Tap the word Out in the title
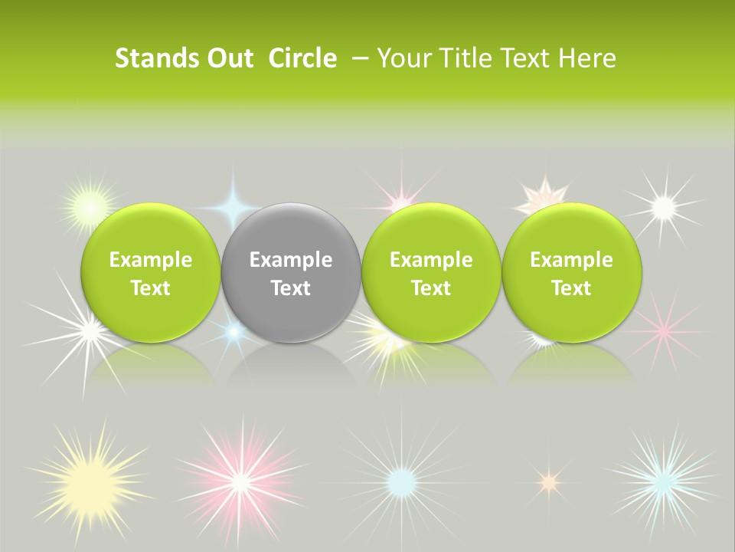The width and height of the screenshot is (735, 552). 229,58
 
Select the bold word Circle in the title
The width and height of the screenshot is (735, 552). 302,58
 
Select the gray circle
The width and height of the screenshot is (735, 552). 291,273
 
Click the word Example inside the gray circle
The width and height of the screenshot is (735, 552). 291,260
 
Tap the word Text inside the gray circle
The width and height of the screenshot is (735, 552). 291,288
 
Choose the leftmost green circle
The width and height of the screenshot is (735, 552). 150,273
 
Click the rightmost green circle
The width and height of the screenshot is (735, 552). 572,273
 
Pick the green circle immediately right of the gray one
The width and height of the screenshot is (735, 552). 431,273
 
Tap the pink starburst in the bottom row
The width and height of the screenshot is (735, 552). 240,481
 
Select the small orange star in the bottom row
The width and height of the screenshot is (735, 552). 547,481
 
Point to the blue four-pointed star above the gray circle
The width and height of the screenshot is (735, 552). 233,205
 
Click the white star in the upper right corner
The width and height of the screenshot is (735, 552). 662,205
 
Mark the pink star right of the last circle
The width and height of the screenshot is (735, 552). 663,330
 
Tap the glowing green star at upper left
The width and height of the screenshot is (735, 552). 90,206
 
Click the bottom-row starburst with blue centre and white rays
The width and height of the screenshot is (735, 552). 401,481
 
